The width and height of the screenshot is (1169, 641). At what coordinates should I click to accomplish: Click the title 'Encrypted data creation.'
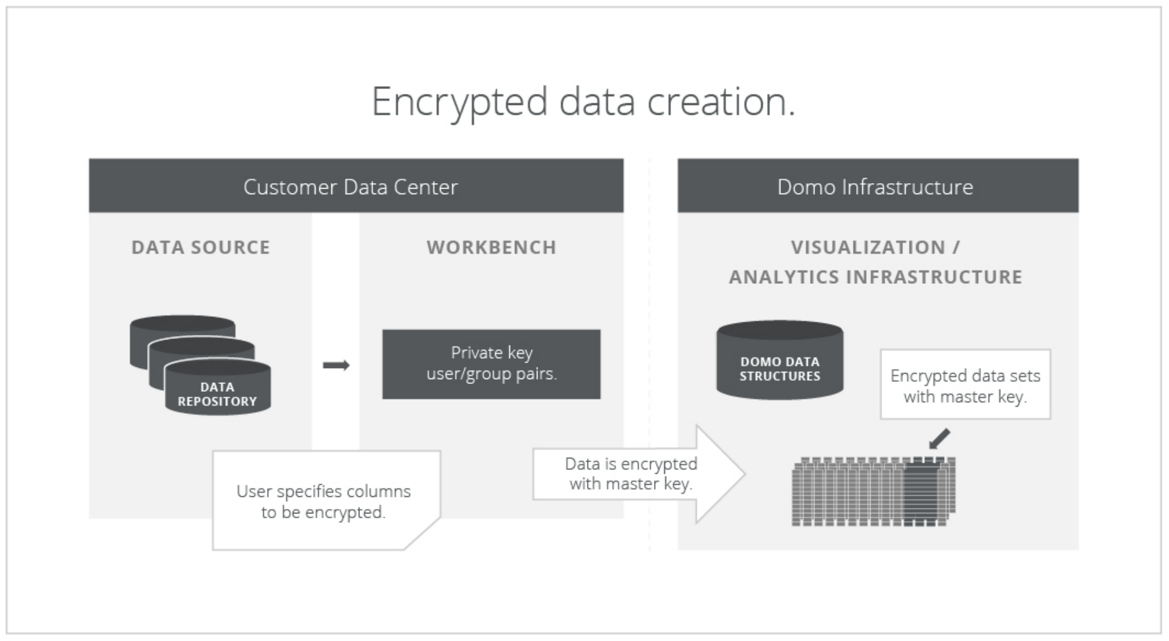coord(583,102)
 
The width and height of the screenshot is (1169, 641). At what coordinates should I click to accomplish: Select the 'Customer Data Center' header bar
coord(356,186)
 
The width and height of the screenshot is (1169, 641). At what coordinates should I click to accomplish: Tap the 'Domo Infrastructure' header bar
coord(877,186)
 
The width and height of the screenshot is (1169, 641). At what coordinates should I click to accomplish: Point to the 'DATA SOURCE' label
coord(201,247)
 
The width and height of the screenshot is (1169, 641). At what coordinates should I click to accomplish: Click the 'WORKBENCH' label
coord(491,247)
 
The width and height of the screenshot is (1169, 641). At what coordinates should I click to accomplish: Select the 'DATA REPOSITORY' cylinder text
coord(217,394)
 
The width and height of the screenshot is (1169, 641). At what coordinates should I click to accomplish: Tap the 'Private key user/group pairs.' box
coord(491,364)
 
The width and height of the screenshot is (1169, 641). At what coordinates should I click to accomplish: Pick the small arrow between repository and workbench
coord(336,365)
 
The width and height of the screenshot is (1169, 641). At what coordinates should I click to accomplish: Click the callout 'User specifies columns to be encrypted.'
coord(323,501)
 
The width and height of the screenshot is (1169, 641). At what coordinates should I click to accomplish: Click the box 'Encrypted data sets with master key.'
coord(965,385)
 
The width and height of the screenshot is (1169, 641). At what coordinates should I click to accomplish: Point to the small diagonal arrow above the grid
coord(939,438)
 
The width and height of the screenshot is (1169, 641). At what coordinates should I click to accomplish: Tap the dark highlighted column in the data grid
coord(921,493)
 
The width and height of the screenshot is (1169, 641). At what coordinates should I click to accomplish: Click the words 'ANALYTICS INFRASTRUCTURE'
coord(876,277)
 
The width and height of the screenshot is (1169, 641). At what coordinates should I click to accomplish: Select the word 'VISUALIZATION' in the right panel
coord(868,247)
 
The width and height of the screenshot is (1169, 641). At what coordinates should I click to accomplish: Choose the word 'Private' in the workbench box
coord(477,353)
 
